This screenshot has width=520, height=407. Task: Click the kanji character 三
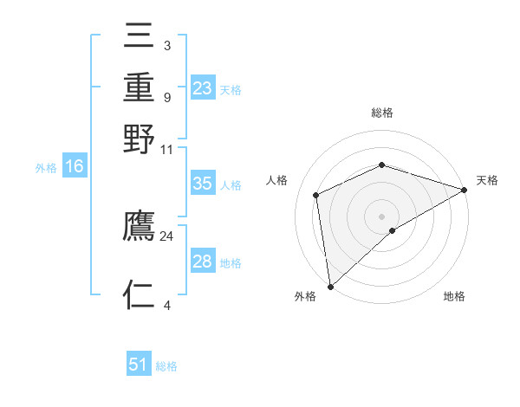coord(140,36)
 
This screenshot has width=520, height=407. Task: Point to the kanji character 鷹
coord(140,227)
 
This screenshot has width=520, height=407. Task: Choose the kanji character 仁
coord(140,295)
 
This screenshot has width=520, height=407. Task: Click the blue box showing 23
coord(203,88)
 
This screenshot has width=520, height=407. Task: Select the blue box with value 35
coord(203,184)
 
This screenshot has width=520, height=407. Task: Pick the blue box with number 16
coord(74,167)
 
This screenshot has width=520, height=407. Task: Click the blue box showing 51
coord(139,365)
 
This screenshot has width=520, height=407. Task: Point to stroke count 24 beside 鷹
coord(166,236)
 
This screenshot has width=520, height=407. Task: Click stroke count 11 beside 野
coord(166,149)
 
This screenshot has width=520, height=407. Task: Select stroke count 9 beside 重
coord(166,97)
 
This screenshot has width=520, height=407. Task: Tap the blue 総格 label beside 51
coord(166,366)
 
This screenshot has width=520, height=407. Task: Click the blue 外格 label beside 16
coord(46,168)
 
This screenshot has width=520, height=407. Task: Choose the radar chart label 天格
coord(487,180)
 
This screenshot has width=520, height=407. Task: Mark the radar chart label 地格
coord(454,297)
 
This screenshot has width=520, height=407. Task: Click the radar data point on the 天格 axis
coord(464,190)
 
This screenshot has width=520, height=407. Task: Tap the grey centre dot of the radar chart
coord(381,216)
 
